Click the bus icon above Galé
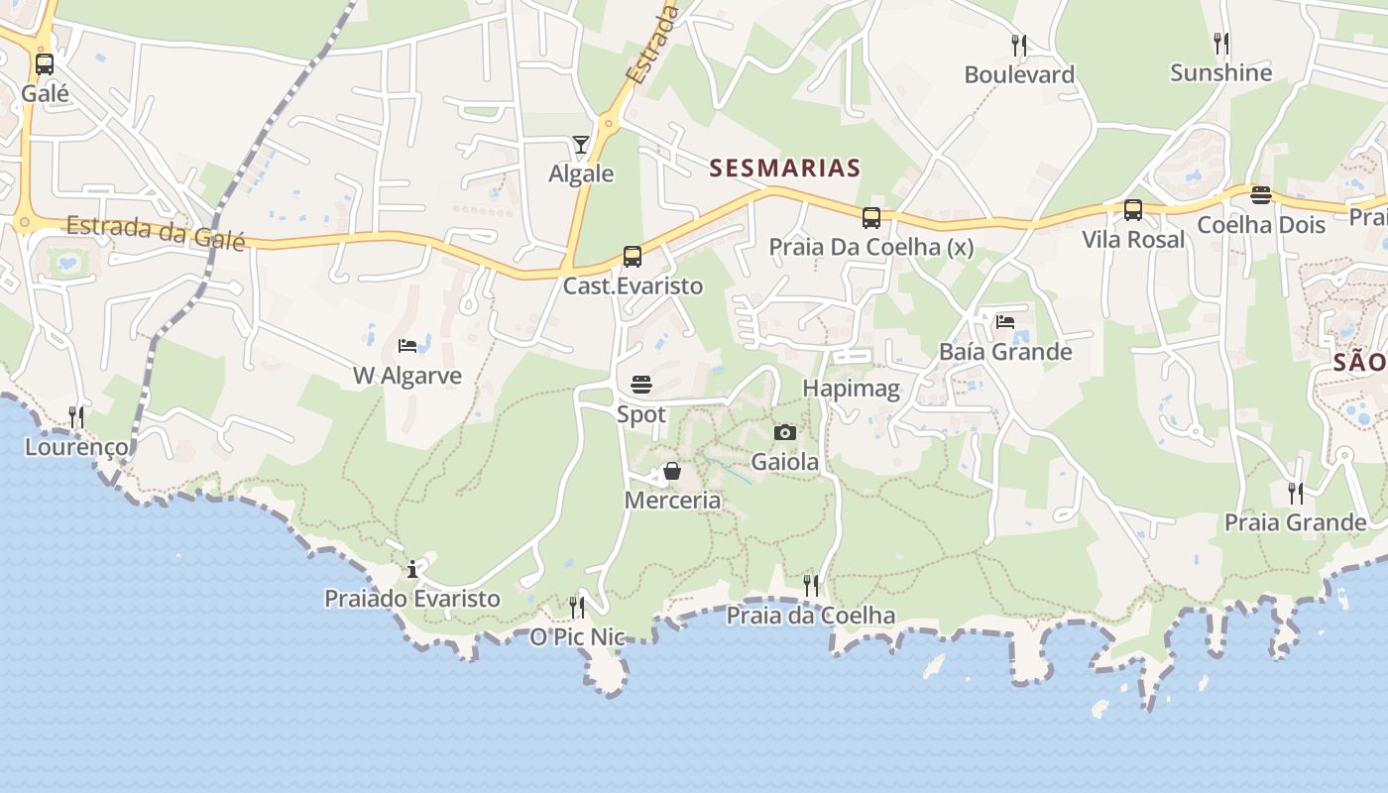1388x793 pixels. (45, 64)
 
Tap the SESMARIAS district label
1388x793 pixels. (785, 169)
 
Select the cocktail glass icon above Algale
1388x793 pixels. (581, 145)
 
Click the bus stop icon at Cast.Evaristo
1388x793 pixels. (633, 257)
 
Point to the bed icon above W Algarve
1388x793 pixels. (407, 346)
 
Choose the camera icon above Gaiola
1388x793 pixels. (785, 432)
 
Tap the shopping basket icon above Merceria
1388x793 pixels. (672, 471)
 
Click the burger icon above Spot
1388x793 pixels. (641, 385)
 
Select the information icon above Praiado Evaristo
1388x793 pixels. (412, 570)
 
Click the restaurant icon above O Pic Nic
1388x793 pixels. (577, 607)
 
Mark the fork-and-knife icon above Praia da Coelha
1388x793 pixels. (811, 586)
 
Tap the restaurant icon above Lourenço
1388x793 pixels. (76, 417)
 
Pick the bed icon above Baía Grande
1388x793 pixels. (1005, 322)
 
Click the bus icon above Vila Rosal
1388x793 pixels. (1133, 210)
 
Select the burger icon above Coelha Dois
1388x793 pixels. (1261, 195)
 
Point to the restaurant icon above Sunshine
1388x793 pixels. (1221, 44)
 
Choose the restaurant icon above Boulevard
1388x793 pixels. (1019, 46)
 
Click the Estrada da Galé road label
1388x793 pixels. (156, 230)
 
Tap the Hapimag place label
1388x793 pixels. (852, 389)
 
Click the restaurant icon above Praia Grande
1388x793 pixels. (1296, 493)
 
